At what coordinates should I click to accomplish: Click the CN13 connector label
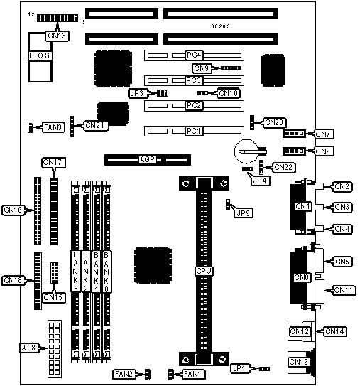click(57, 36)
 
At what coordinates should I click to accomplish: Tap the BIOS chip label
click(40, 56)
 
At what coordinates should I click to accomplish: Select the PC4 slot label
click(194, 55)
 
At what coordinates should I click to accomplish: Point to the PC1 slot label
click(194, 132)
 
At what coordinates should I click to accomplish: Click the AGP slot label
click(148, 160)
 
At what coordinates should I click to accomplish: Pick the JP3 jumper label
click(138, 93)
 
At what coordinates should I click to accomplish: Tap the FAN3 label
click(53, 127)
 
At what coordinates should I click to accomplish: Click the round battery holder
click(246, 151)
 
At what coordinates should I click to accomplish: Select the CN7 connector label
click(323, 134)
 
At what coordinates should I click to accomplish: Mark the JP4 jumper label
click(261, 181)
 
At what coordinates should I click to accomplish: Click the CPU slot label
click(204, 271)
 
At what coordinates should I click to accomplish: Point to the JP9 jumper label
click(244, 213)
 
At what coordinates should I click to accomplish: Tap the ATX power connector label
click(30, 348)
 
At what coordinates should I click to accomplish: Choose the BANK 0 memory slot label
click(107, 272)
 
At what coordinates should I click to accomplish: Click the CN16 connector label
click(13, 210)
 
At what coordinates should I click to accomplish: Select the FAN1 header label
click(194, 375)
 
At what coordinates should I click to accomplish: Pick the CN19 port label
click(299, 362)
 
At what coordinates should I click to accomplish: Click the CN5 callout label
click(342, 262)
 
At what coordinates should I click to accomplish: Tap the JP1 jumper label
click(240, 368)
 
